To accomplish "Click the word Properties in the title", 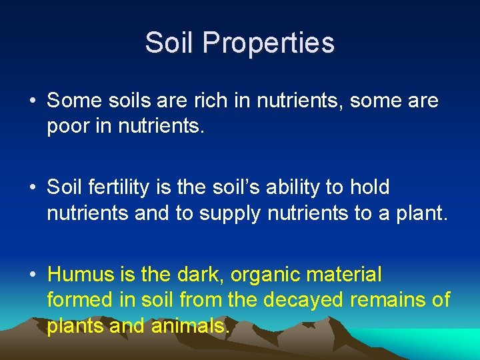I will coord(269,43).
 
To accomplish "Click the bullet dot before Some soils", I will coord(33,102).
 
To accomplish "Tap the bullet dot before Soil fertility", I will coord(33,189).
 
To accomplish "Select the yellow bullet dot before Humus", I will coord(33,275).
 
